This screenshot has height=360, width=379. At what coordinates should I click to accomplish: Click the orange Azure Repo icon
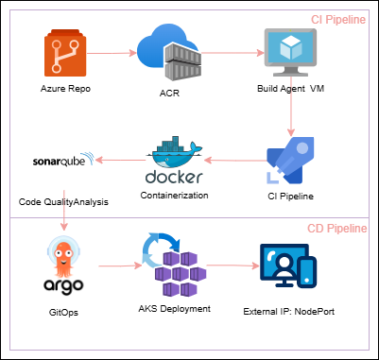(64, 53)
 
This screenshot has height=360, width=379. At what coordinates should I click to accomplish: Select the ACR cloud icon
(169, 54)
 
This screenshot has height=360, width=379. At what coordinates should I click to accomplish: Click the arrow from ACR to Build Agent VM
(231, 54)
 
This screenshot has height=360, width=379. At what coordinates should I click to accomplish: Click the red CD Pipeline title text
(336, 230)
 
